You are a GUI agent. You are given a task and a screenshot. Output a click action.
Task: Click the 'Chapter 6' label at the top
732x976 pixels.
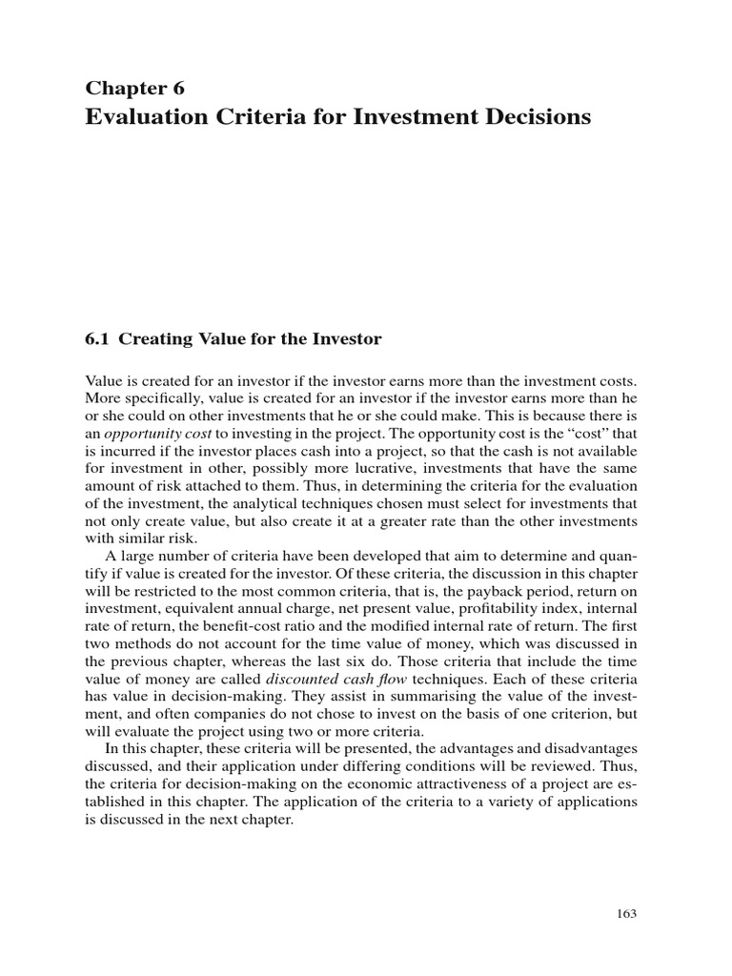(x=134, y=89)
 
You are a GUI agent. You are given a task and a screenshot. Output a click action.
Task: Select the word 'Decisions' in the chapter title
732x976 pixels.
(x=539, y=117)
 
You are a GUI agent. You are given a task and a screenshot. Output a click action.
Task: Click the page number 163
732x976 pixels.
(x=626, y=912)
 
